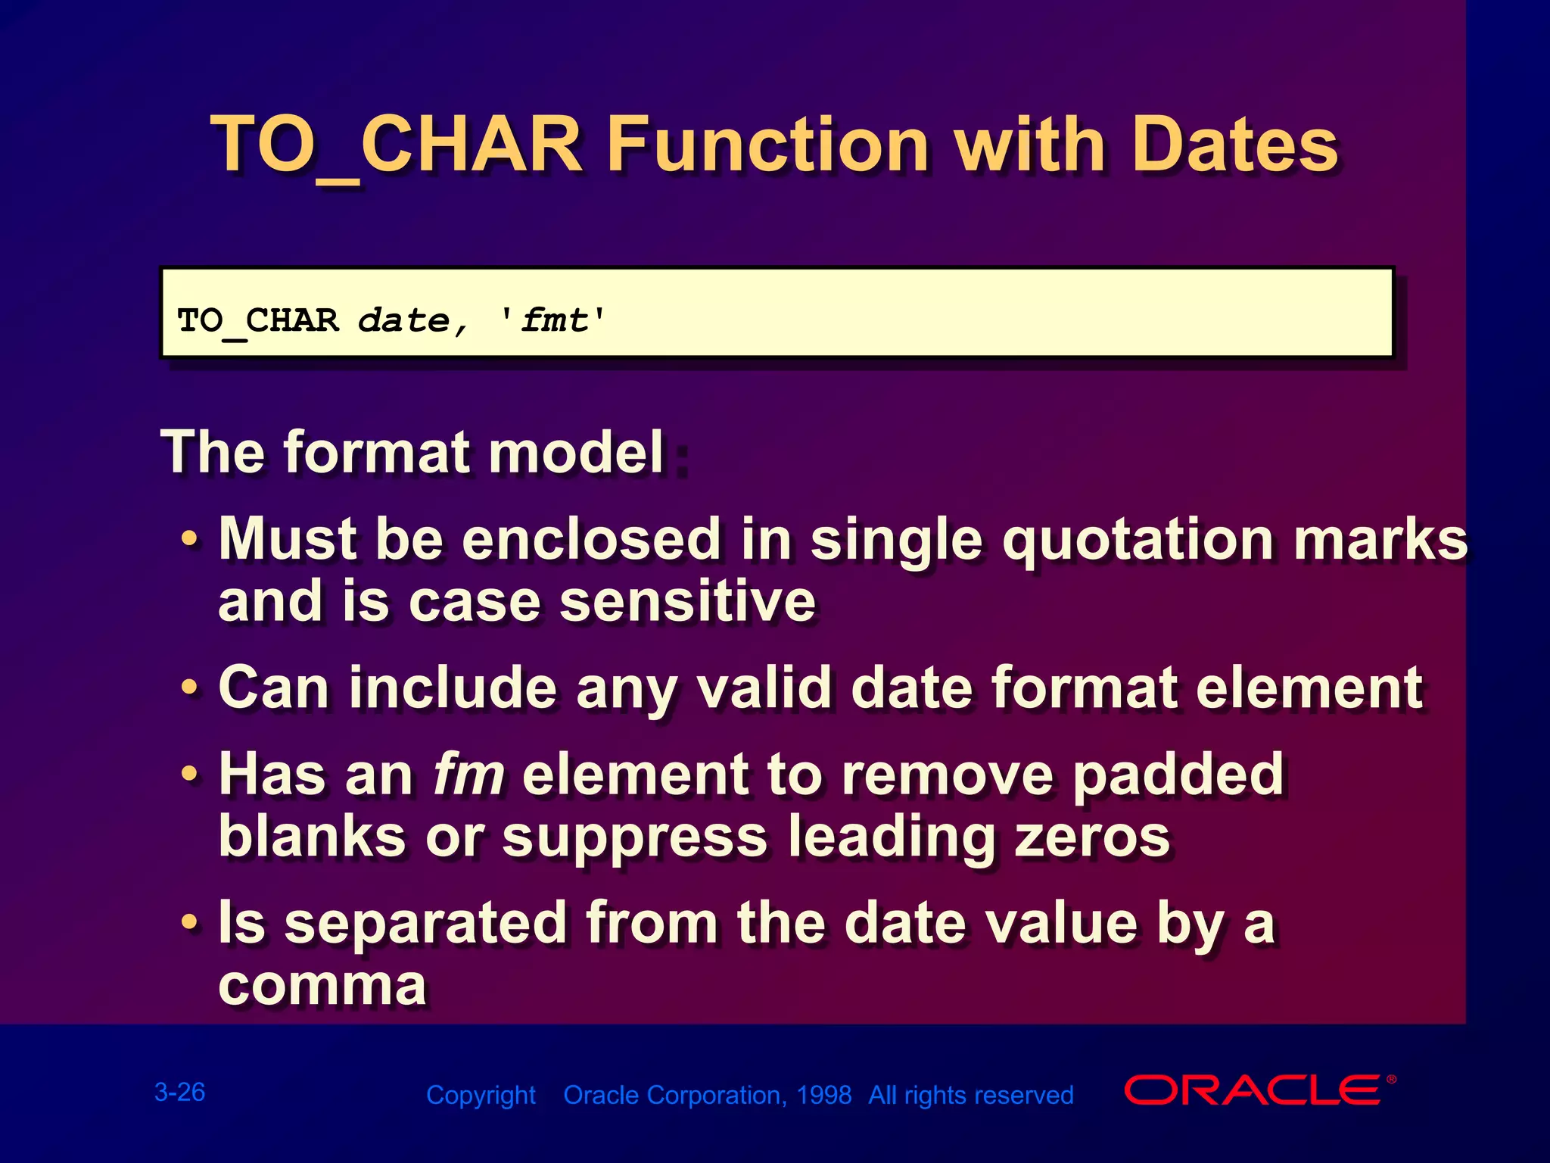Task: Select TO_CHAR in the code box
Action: click(x=257, y=321)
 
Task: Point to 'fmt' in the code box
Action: click(x=552, y=321)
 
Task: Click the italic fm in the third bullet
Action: click(x=468, y=775)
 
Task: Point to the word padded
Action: click(x=1178, y=775)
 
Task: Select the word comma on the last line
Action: click(x=322, y=985)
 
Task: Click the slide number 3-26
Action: click(x=179, y=1092)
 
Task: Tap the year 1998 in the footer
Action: click(x=823, y=1095)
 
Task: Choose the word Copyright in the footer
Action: click(x=481, y=1095)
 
